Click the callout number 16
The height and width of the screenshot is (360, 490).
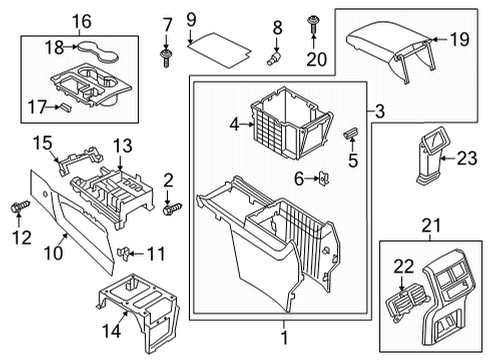pos(82,22)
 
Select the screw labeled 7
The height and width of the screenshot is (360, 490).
pos(166,59)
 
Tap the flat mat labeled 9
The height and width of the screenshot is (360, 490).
pos(219,50)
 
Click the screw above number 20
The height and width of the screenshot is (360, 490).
pos(313,24)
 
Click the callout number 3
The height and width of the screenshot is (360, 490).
pos(380,111)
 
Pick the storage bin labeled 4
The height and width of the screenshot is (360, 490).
pos(291,123)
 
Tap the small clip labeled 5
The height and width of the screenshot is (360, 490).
pos(351,133)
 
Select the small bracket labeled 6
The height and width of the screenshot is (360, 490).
pos(324,179)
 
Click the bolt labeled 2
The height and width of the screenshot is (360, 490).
pos(172,209)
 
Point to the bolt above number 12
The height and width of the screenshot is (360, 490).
pos(20,207)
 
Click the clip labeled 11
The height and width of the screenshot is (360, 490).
pos(124,253)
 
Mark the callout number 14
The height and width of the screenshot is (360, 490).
pos(111,331)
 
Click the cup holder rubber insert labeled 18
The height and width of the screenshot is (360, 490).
pos(98,51)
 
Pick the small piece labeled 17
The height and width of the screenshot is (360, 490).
pos(65,107)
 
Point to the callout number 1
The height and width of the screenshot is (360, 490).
pos(284,338)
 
